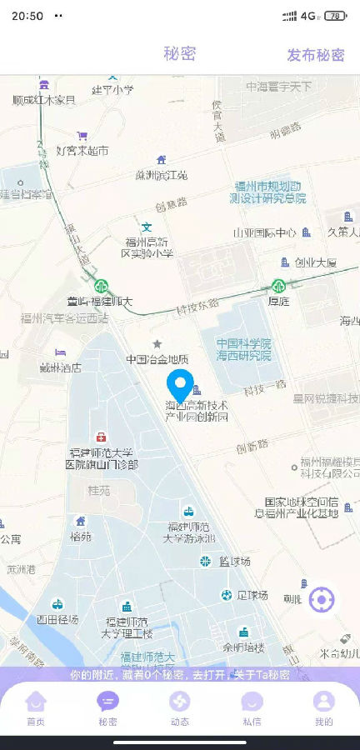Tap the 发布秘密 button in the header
tap(315, 55)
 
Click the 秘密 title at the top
tap(179, 54)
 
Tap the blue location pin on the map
tap(179, 386)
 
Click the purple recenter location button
tap(322, 599)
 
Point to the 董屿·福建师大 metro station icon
tap(101, 287)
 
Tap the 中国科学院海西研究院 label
tap(243, 349)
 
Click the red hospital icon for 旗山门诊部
tap(101, 437)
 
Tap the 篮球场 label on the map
tap(234, 562)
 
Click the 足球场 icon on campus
tap(226, 595)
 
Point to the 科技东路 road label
tap(197, 305)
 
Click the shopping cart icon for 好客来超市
tap(82, 135)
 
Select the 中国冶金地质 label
tap(157, 359)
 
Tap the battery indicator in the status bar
tap(335, 15)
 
